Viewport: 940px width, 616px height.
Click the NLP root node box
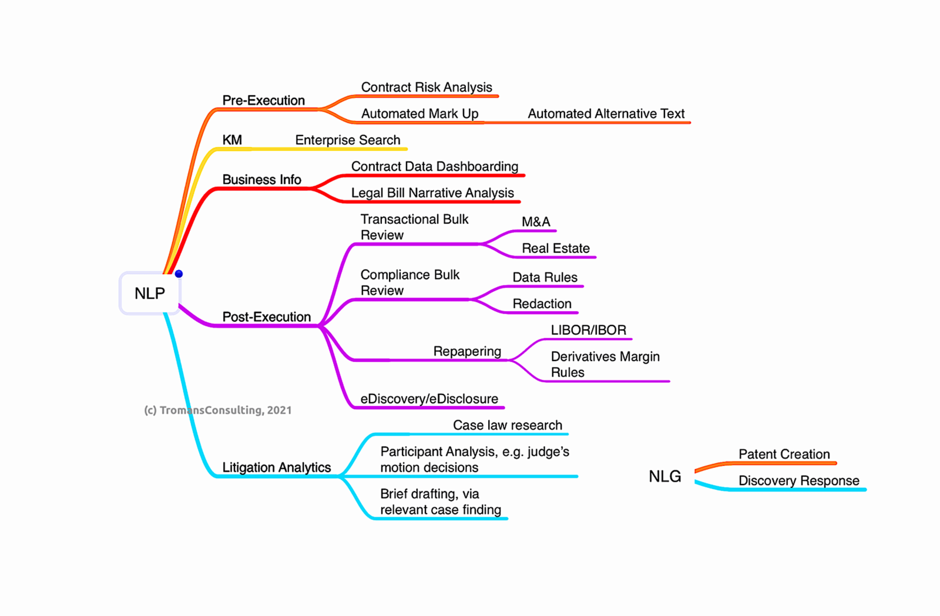(150, 293)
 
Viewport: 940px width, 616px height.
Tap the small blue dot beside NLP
(179, 274)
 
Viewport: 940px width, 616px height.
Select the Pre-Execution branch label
(263, 100)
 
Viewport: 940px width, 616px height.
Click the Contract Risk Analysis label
(427, 87)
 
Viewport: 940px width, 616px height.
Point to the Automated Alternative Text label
(606, 114)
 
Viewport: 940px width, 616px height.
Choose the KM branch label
(232, 140)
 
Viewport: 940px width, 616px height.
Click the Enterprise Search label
(348, 140)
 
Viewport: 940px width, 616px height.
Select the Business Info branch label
(261, 180)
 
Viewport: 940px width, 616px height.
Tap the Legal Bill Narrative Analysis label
(432, 193)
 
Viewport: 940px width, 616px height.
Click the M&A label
(536, 222)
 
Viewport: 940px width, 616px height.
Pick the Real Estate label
(556, 248)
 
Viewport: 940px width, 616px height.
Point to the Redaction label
(542, 304)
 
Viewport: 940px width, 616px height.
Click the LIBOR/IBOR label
(588, 330)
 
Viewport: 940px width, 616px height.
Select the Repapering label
(467, 351)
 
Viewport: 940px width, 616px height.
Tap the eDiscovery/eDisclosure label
(429, 399)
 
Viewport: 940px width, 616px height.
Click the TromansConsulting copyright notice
(218, 410)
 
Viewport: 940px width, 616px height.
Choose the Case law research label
(507, 425)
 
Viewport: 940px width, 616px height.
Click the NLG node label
(665, 476)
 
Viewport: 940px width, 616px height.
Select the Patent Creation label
(784, 454)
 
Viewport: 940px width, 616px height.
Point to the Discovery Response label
(798, 480)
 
